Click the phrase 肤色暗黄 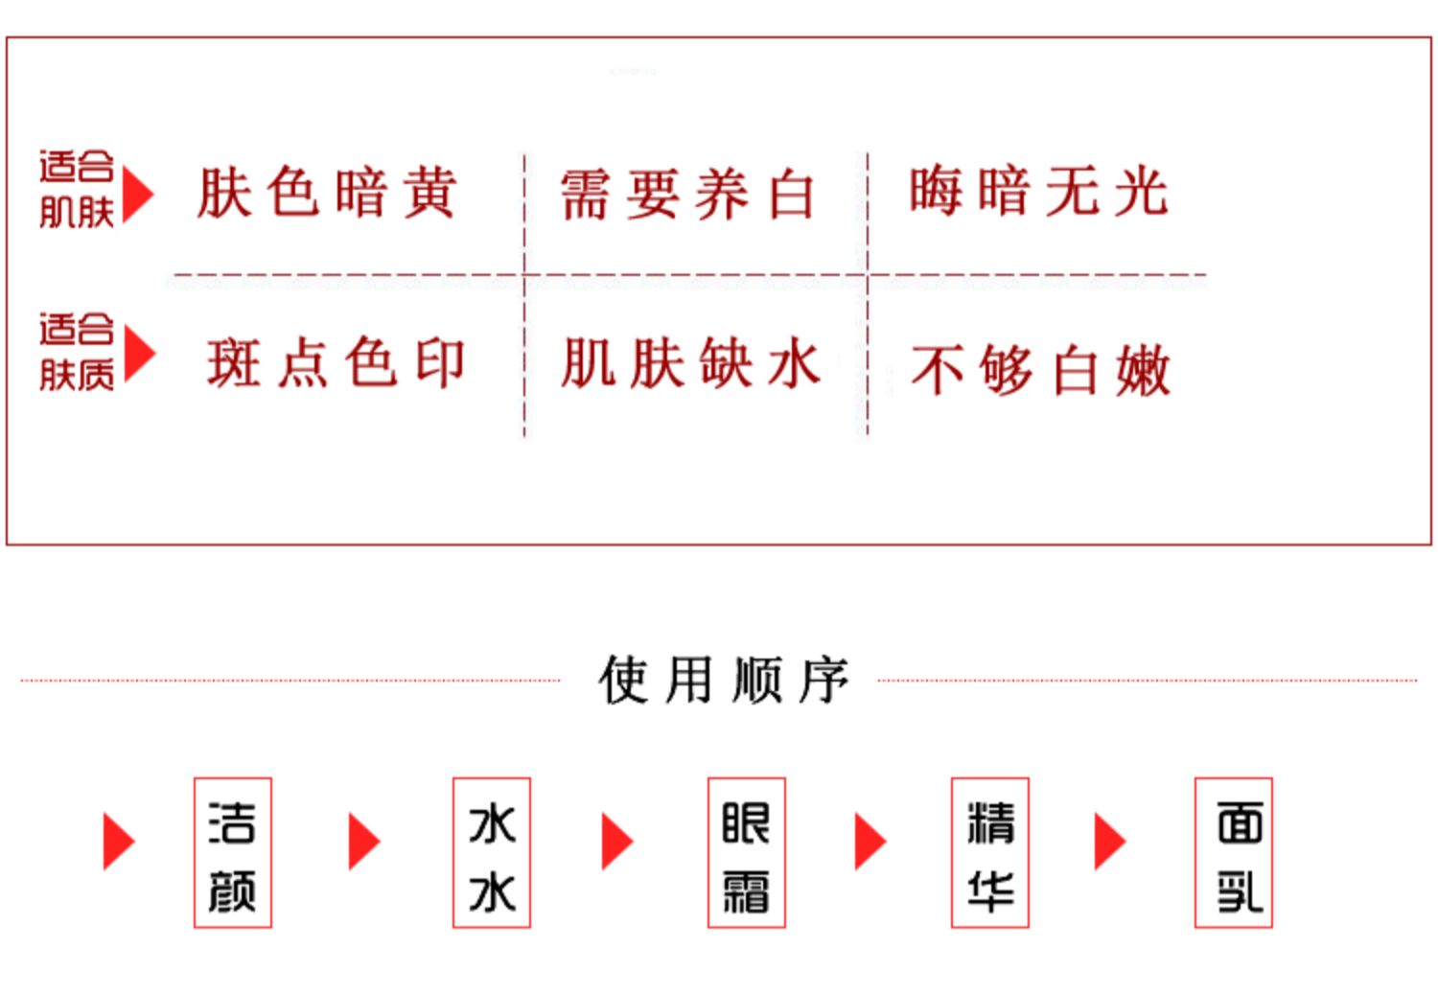coord(326,192)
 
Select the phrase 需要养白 coord(686,194)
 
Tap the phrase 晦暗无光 coord(1038,191)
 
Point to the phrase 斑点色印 coord(336,363)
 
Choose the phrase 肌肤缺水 coord(690,363)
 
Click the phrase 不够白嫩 coord(1040,370)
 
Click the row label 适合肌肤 coord(77,190)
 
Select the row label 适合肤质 coord(77,352)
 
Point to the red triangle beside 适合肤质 coord(138,354)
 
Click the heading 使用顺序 coord(724,681)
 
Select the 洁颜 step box coord(233,852)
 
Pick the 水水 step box coord(491,852)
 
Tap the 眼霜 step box coord(746,852)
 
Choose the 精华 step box coord(989,852)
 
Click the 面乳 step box coord(1233,852)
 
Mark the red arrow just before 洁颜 coord(118,842)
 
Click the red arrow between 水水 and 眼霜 coord(616,842)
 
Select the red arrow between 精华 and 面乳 coord(1109,842)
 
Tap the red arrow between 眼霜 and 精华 coord(870,842)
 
